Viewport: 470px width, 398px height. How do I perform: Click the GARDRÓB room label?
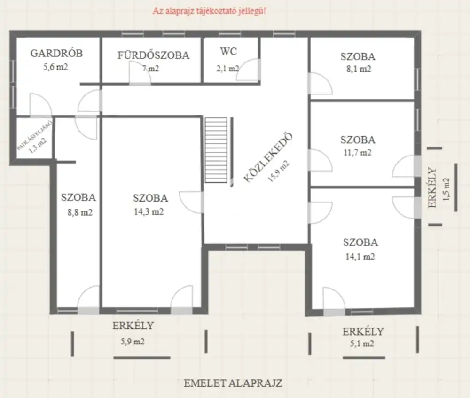56,53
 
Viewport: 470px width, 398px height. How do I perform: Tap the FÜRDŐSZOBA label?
153,55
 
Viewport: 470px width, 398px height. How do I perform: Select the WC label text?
228,51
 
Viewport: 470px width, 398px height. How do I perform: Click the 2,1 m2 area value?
228,69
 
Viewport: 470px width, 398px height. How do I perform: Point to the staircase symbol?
216,150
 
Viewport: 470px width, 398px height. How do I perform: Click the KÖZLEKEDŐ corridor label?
268,157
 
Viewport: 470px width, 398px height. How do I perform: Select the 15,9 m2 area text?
278,171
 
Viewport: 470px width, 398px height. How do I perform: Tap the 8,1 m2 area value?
359,69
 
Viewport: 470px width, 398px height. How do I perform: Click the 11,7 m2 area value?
357,153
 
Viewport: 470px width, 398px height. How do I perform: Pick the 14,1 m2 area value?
360,257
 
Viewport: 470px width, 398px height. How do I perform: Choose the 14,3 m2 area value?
149,211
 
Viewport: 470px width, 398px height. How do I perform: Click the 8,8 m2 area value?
80,212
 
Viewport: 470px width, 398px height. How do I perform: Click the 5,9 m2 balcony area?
133,341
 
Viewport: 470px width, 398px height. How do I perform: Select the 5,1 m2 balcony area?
362,343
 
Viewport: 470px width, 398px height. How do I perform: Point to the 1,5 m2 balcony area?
446,189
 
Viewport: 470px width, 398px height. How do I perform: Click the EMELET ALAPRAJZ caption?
233,383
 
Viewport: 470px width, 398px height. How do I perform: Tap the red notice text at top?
209,11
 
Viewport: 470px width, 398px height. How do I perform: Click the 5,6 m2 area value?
55,67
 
